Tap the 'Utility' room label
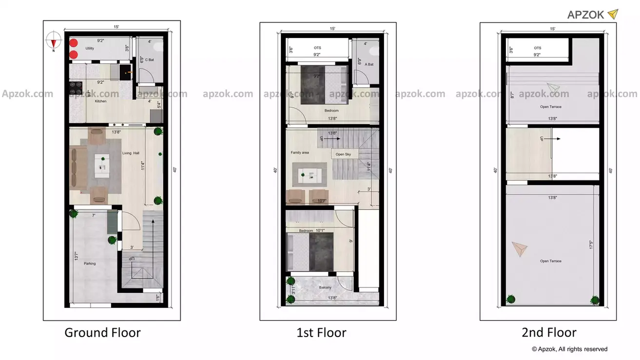pyautogui.click(x=90, y=49)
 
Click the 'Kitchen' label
pyautogui.click(x=100, y=101)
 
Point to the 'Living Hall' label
pyautogui.click(x=131, y=154)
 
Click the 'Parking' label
pyautogui.click(x=90, y=264)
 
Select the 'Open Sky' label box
pyautogui.click(x=343, y=154)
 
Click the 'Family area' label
pyautogui.click(x=300, y=152)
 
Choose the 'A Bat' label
pyautogui.click(x=369, y=64)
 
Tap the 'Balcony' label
pyautogui.click(x=326, y=287)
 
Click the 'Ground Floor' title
pyautogui.click(x=102, y=333)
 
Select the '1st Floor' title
pyautogui.click(x=321, y=333)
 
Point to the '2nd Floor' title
pyautogui.click(x=549, y=333)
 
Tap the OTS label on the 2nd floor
pyautogui.click(x=537, y=48)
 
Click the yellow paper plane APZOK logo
pyautogui.click(x=612, y=14)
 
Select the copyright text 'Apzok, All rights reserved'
pyautogui.click(x=570, y=349)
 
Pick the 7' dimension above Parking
pyautogui.click(x=94, y=215)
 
